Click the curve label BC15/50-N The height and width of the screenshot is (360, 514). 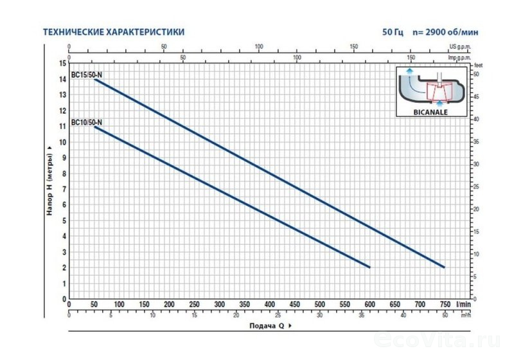coord(87,75)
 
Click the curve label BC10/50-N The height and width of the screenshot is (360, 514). coord(87,122)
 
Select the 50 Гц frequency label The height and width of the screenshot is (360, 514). coord(392,32)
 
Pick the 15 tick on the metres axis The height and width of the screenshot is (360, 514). coord(62,63)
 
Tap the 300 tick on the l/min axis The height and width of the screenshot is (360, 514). coord(219,305)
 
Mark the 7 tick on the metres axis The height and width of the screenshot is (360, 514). coord(63,189)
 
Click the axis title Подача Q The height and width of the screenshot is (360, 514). coord(267,325)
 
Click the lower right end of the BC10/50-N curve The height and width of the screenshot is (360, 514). coord(370,267)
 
